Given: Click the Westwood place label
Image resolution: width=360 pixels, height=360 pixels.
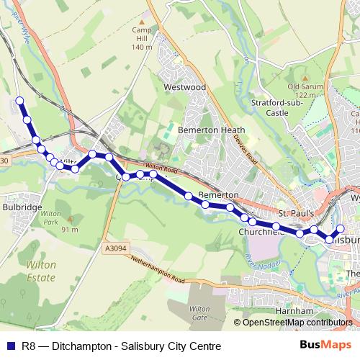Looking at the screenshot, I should [185, 87].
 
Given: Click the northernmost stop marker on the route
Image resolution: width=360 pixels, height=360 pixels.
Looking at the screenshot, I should [19, 101].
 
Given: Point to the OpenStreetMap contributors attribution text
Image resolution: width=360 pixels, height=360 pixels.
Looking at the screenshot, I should [297, 323].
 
